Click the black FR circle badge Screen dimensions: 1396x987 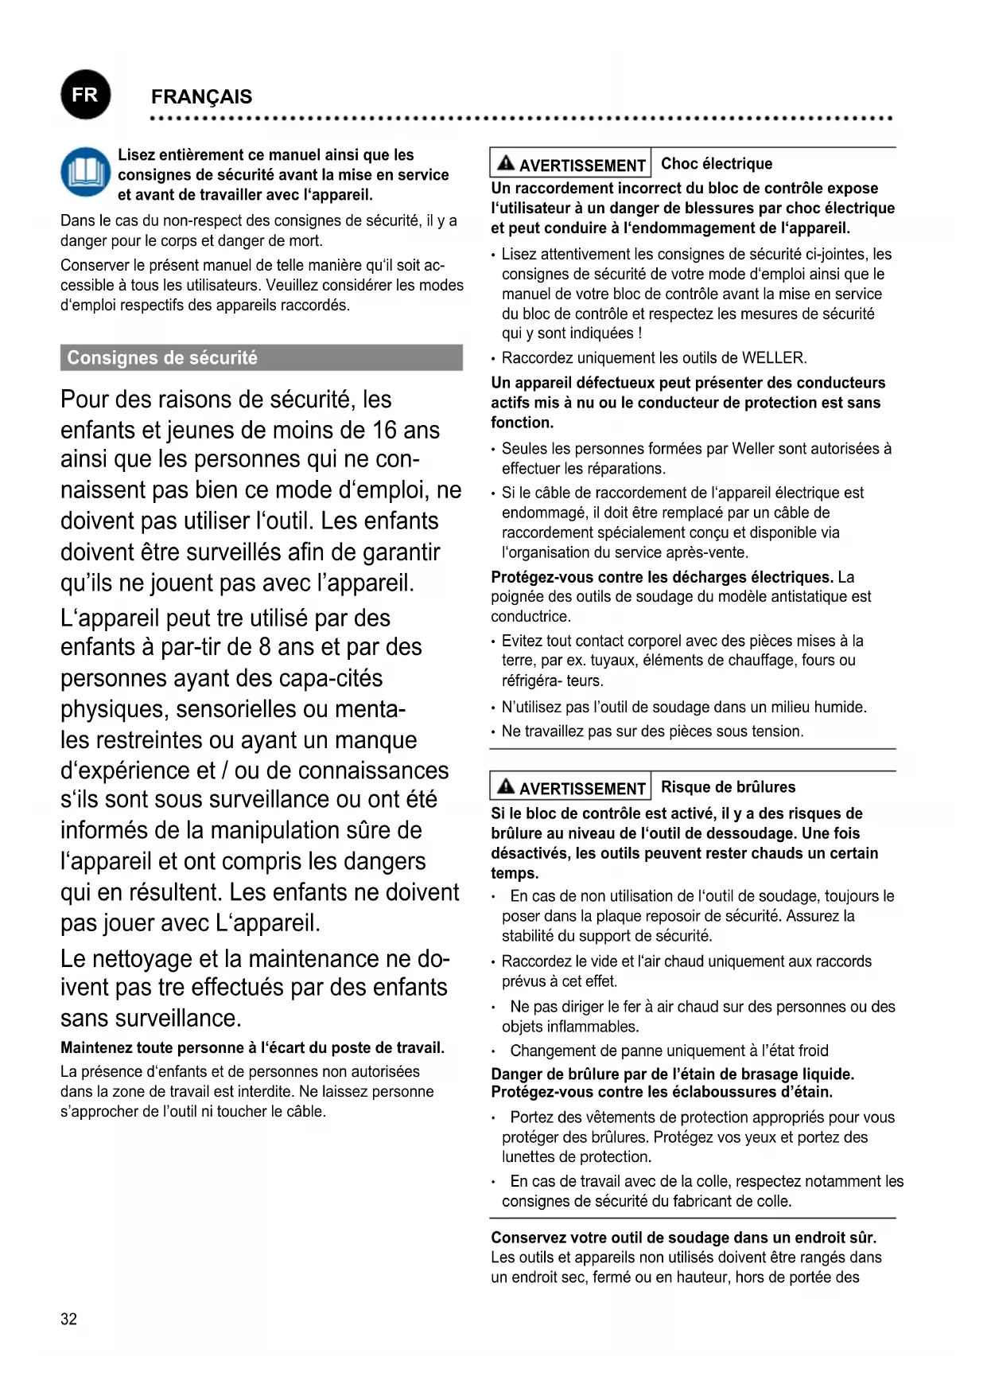tap(85, 96)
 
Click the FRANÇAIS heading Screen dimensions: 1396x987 tap(201, 97)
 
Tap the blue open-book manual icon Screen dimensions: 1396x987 tap(85, 172)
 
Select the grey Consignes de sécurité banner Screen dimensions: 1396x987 tap(261, 358)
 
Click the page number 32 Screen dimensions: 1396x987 tap(69, 1319)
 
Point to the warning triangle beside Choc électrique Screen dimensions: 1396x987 tap(506, 164)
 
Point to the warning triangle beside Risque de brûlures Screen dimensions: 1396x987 tap(506, 787)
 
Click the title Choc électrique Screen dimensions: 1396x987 tap(717, 164)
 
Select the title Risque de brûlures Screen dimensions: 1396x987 tap(728, 787)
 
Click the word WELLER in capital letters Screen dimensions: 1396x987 tap(773, 358)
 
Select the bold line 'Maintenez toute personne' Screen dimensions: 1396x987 tap(252, 1048)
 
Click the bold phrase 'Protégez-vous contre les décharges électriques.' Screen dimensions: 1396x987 tap(662, 577)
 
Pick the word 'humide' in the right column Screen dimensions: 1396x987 tap(841, 707)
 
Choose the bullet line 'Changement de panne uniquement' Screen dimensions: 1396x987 tap(669, 1051)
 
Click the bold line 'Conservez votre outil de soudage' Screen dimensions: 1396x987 tap(683, 1238)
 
